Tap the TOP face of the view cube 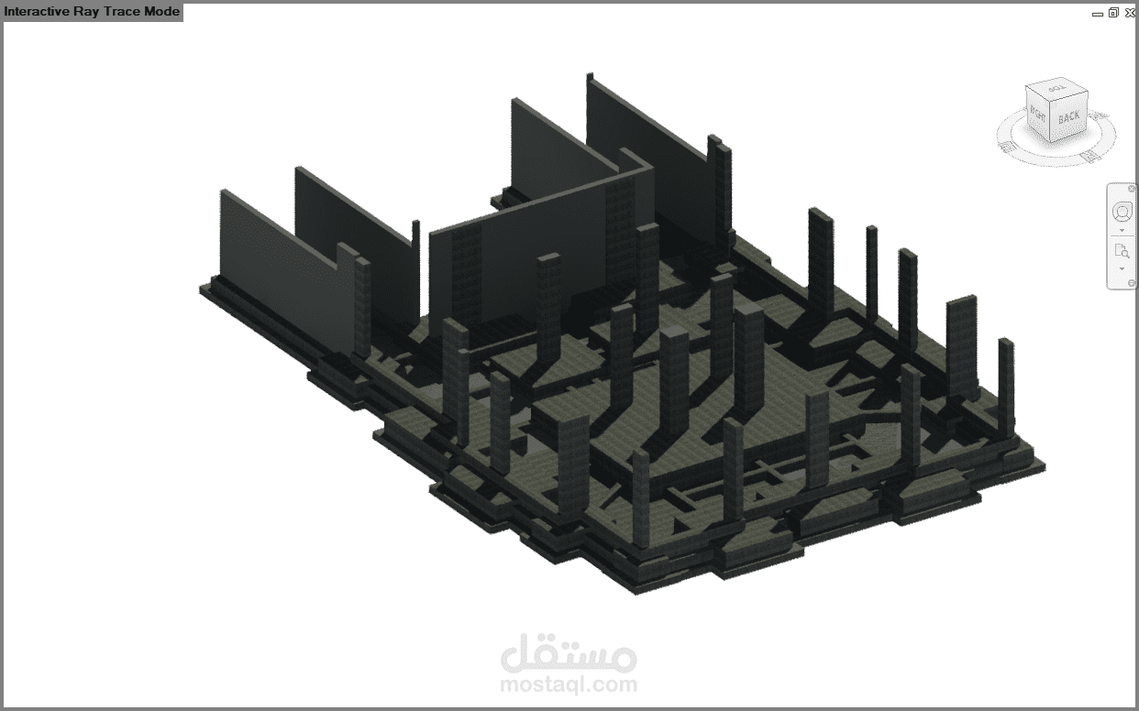click(x=1056, y=88)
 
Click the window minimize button click(x=1098, y=14)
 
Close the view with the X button click(x=1130, y=13)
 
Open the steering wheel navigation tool click(x=1122, y=212)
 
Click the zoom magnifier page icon click(x=1122, y=251)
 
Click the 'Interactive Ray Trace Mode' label click(x=92, y=11)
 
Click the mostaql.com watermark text click(x=569, y=684)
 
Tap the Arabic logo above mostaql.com click(x=569, y=652)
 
